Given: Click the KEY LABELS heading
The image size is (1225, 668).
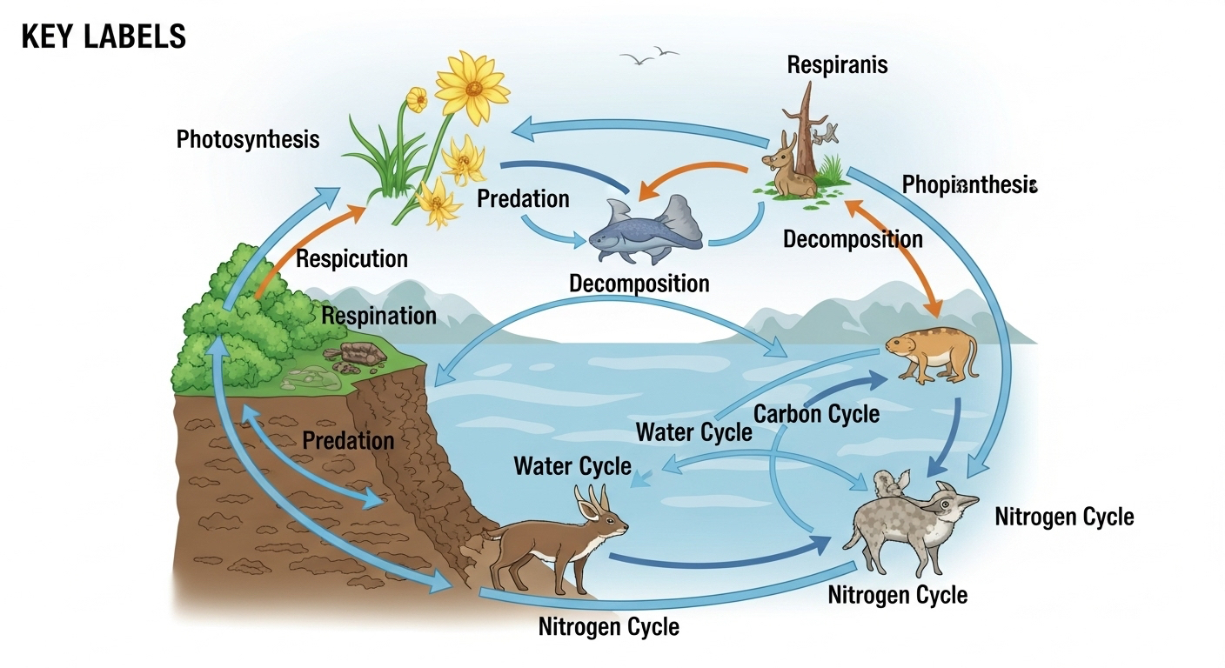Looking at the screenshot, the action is (x=104, y=37).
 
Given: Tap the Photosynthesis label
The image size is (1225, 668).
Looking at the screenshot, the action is (x=248, y=139).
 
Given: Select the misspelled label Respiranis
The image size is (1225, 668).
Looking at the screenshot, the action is (x=837, y=65).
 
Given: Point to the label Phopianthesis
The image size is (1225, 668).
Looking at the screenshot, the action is (x=970, y=184).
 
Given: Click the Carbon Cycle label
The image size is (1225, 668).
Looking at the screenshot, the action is (x=816, y=413).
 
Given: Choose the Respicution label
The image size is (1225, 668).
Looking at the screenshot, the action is (x=351, y=258).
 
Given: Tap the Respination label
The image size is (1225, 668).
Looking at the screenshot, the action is (x=378, y=315).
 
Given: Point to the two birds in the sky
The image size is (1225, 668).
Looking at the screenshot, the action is (x=650, y=55).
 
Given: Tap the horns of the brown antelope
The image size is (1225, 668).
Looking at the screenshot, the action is (x=586, y=497).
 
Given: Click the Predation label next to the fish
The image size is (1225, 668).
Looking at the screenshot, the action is (x=523, y=198).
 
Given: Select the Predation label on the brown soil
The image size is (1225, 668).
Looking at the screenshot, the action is (x=348, y=440).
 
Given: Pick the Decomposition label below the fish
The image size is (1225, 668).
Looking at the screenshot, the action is (x=639, y=283).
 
